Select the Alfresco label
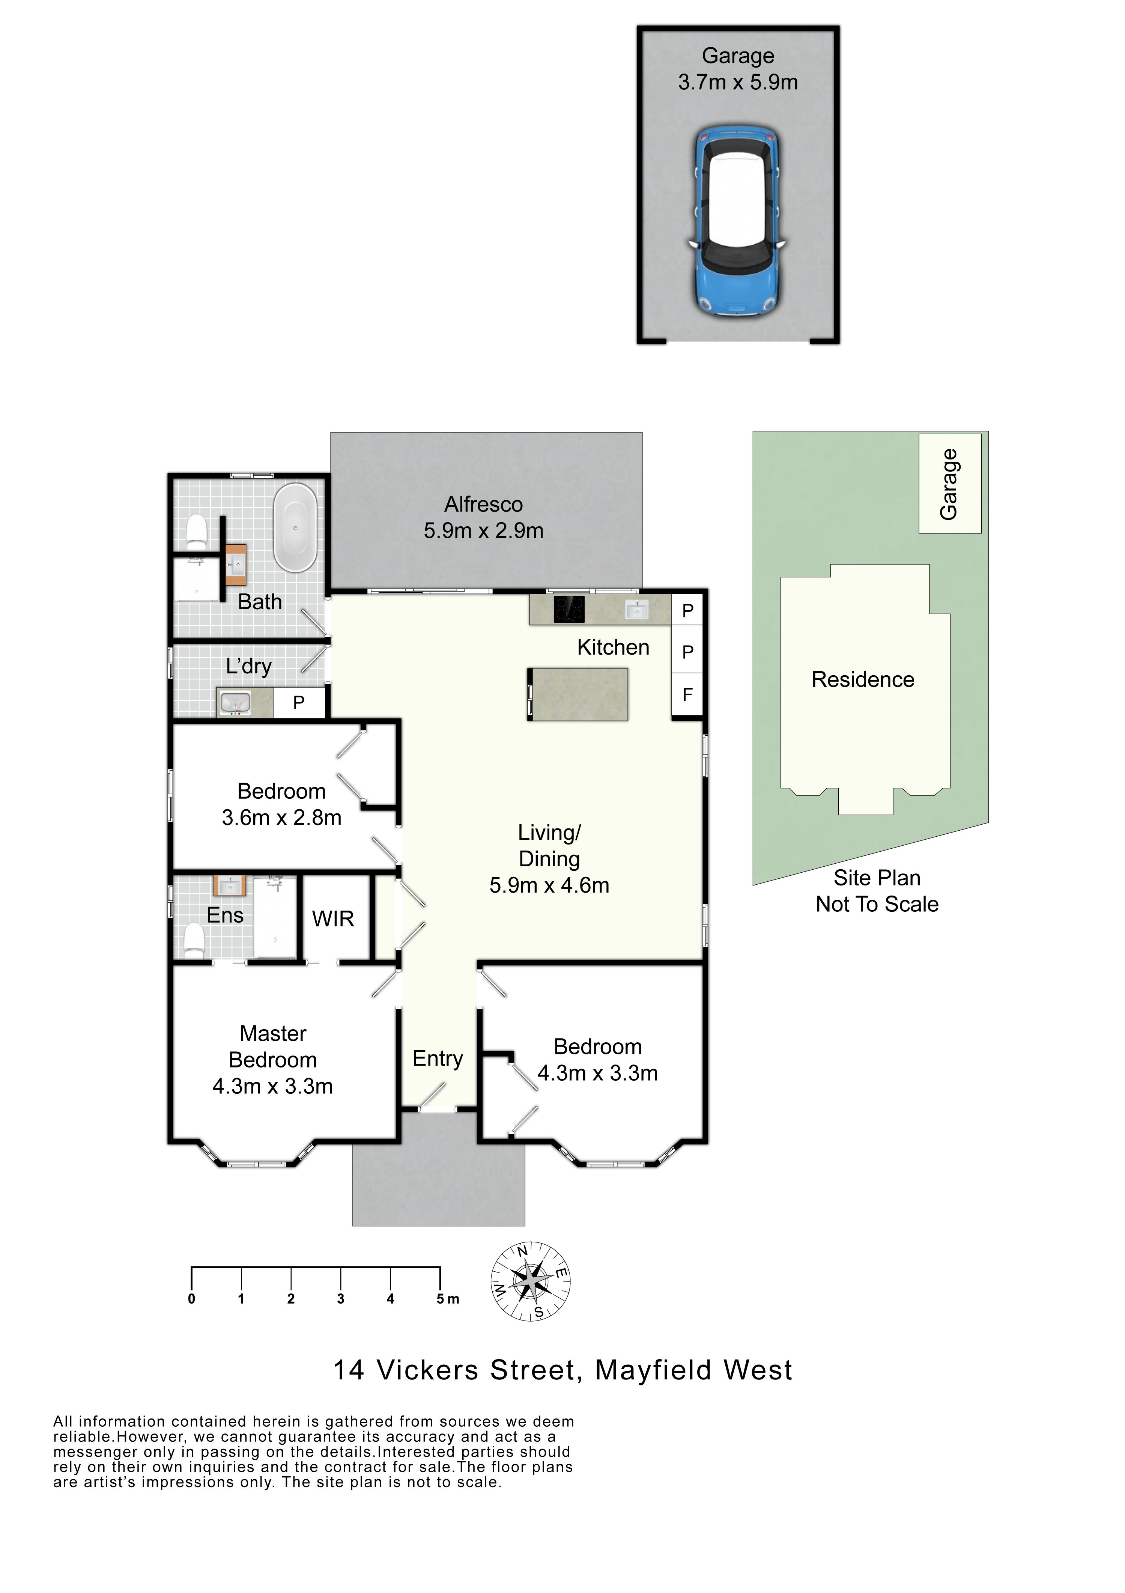click(483, 504)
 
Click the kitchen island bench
click(578, 694)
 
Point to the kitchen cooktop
click(569, 610)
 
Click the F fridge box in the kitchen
click(687, 694)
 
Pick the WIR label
click(333, 919)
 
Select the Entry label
click(438, 1059)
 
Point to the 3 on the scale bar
click(341, 1299)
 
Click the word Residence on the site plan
click(863, 679)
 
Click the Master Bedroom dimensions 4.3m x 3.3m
click(272, 1086)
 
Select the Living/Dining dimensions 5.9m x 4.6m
click(549, 885)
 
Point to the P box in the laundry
click(299, 703)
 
